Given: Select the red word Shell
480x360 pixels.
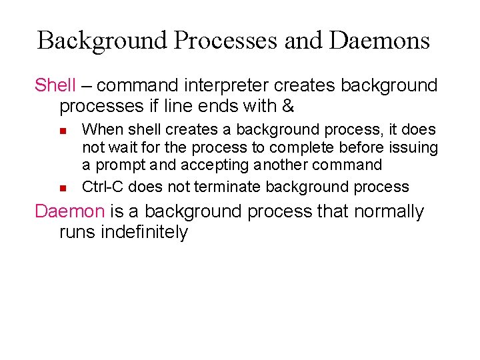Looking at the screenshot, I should (55, 85).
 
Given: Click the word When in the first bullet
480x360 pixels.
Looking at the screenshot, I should (101, 129).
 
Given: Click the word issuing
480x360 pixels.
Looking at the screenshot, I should (414, 147).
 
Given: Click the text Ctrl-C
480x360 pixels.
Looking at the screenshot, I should (103, 187).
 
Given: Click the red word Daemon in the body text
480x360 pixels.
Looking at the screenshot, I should (69, 211).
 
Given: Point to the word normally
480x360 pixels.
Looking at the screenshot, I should (389, 211).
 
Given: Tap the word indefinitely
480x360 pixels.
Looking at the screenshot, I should (144, 232).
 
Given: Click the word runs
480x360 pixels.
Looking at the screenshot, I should (77, 232).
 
